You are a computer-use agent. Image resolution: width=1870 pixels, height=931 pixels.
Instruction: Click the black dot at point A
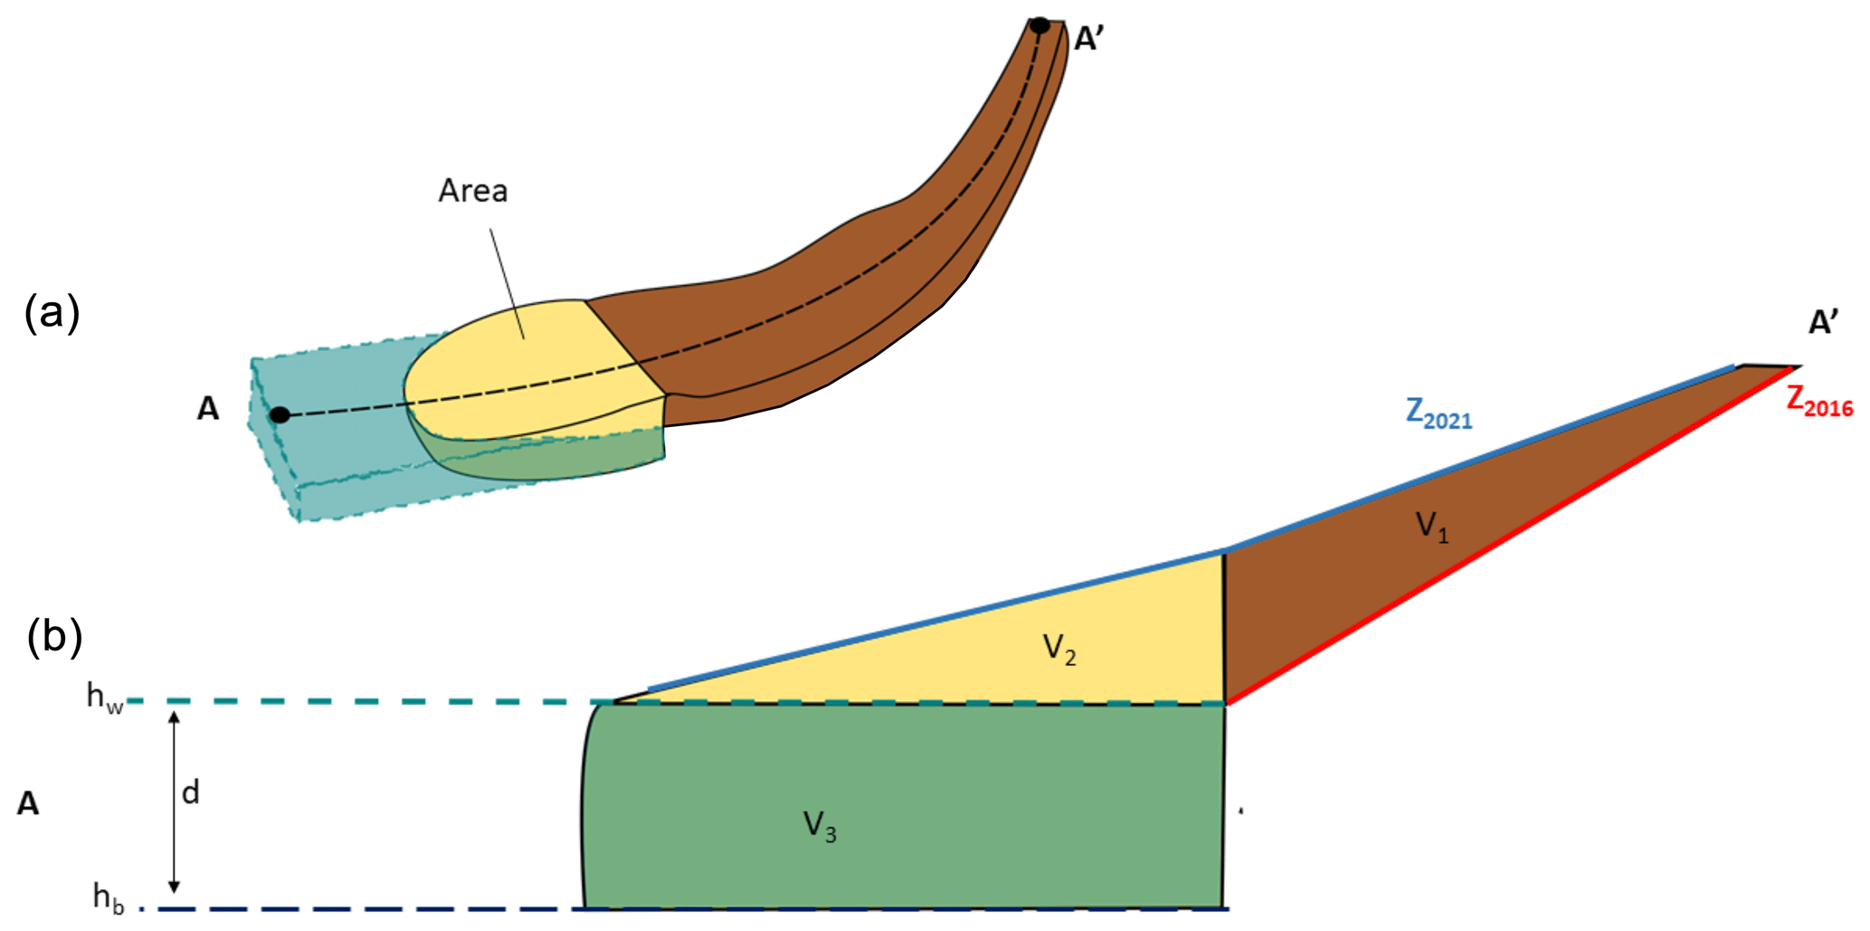[280, 415]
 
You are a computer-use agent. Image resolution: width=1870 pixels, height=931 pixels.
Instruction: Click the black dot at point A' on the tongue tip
[1040, 25]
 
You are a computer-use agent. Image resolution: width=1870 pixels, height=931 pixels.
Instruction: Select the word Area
[473, 191]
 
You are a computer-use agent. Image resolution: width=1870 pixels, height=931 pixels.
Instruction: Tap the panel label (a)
[52, 313]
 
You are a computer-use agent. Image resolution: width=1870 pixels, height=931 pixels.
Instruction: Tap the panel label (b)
[54, 636]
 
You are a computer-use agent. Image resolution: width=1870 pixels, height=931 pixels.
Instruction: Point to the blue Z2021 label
[1438, 413]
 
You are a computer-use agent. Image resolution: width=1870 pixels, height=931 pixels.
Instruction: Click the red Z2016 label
[1819, 401]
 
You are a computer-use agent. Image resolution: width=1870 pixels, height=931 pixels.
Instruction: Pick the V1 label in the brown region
[1432, 526]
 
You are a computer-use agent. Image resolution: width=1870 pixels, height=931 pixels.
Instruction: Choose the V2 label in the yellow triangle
[1059, 649]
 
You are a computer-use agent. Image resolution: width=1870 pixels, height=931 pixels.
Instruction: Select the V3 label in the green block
[820, 826]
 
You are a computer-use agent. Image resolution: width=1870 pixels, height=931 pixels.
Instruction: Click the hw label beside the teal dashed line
[105, 697]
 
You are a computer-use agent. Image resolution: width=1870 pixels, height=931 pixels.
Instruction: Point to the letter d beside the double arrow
[190, 793]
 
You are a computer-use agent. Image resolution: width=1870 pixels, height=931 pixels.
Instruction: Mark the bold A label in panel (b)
[28, 803]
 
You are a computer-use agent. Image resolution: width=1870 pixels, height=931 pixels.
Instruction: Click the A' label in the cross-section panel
[1823, 323]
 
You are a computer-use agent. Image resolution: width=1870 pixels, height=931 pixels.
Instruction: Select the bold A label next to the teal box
[208, 409]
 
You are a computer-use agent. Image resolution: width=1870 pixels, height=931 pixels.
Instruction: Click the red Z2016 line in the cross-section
[1511, 534]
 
